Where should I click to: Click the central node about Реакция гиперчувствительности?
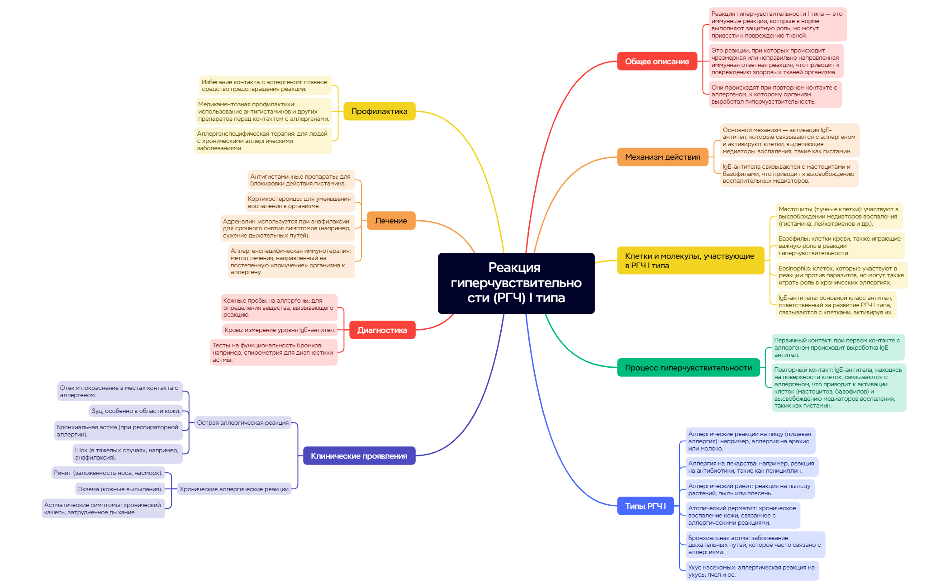pyautogui.click(x=516, y=283)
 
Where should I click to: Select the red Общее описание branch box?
pyautogui.click(x=657, y=62)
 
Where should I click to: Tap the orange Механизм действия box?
pyautogui.click(x=662, y=157)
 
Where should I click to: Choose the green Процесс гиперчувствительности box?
pyautogui.click(x=688, y=368)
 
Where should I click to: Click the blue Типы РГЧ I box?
pyautogui.click(x=645, y=506)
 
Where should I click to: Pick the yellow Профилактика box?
pyautogui.click(x=379, y=111)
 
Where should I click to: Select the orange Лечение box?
pyautogui.click(x=391, y=221)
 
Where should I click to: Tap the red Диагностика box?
pyautogui.click(x=382, y=330)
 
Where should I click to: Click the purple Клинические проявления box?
pyautogui.click(x=359, y=456)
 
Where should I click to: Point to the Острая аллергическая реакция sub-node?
pyautogui.click(x=242, y=423)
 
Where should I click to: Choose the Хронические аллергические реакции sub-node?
pyautogui.click(x=234, y=489)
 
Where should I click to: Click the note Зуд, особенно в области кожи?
pyautogui.click(x=136, y=411)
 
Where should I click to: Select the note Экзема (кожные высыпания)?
pyautogui.click(x=120, y=489)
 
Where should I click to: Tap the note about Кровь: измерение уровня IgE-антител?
pyautogui.click(x=280, y=330)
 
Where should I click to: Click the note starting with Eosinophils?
pyautogui.click(x=841, y=275)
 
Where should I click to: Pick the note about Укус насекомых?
pyautogui.click(x=751, y=571)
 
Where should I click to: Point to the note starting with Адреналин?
pyautogui.click(x=287, y=228)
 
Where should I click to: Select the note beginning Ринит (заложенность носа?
pyautogui.click(x=108, y=473)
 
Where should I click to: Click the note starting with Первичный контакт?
pyautogui.click(x=837, y=347)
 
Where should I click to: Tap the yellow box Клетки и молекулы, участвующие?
pyautogui.click(x=690, y=261)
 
